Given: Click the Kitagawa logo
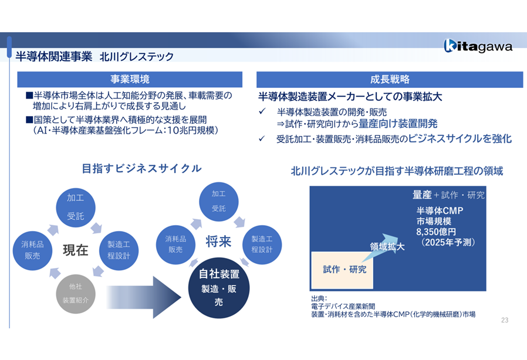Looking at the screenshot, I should point(478,46).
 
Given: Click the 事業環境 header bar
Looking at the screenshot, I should point(130,79).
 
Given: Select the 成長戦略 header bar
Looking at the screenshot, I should point(390,79).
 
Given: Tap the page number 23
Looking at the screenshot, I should point(505,320).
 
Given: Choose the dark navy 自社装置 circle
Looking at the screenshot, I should point(219,288).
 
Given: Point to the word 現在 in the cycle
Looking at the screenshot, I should point(75,250).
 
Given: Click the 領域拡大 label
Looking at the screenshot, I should point(387,247).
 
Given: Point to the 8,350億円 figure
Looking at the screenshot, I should point(437,232).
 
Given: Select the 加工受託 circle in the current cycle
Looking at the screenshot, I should point(75,207).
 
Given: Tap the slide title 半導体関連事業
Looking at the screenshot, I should point(54,57).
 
